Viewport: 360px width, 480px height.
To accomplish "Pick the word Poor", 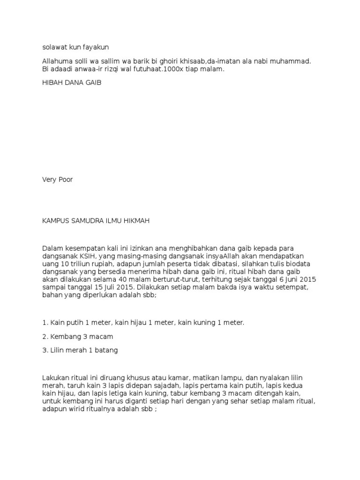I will point(65,180).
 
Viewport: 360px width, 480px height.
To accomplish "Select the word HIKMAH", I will point(136,220).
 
